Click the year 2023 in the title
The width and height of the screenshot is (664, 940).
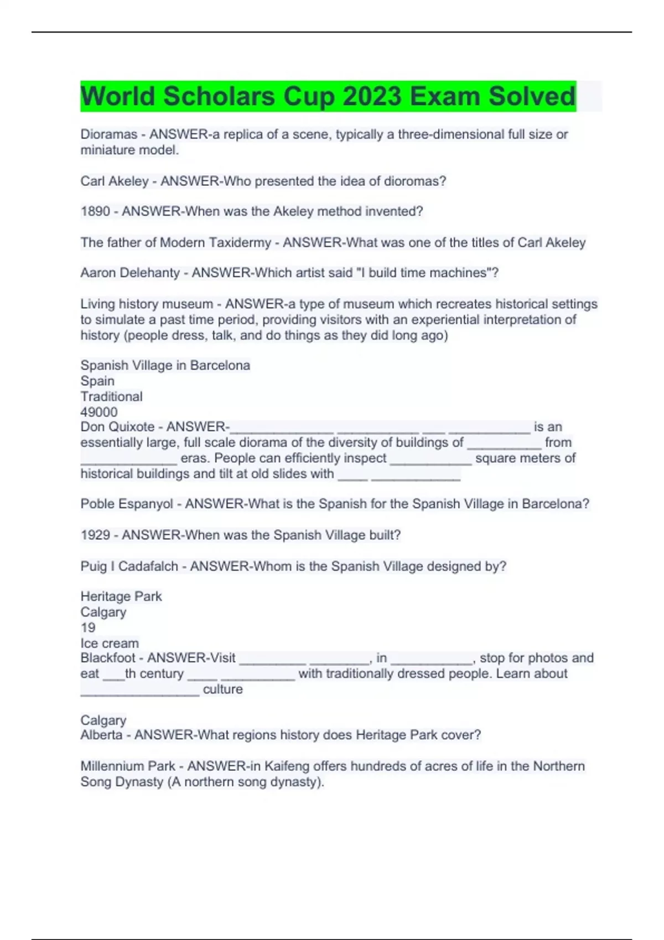pyautogui.click(x=372, y=96)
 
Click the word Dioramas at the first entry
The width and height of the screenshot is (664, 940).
pyautogui.click(x=108, y=134)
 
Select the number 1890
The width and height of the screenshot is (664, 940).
pyautogui.click(x=95, y=211)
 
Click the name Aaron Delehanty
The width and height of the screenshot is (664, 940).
pyautogui.click(x=130, y=273)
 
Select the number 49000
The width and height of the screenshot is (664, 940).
pyautogui.click(x=99, y=412)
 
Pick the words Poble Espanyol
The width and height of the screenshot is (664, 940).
pyautogui.click(x=127, y=504)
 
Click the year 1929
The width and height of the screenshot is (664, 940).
pyautogui.click(x=95, y=535)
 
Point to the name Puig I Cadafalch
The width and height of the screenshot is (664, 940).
pyautogui.click(x=129, y=566)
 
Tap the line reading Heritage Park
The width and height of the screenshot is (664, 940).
pyautogui.click(x=121, y=596)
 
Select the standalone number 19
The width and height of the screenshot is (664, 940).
pyautogui.click(x=88, y=628)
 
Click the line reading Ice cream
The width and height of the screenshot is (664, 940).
pyautogui.click(x=110, y=643)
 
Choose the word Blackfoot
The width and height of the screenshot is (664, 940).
pyautogui.click(x=108, y=658)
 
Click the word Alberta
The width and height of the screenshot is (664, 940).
pyautogui.click(x=101, y=735)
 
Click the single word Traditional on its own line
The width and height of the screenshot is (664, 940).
pyautogui.click(x=111, y=396)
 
